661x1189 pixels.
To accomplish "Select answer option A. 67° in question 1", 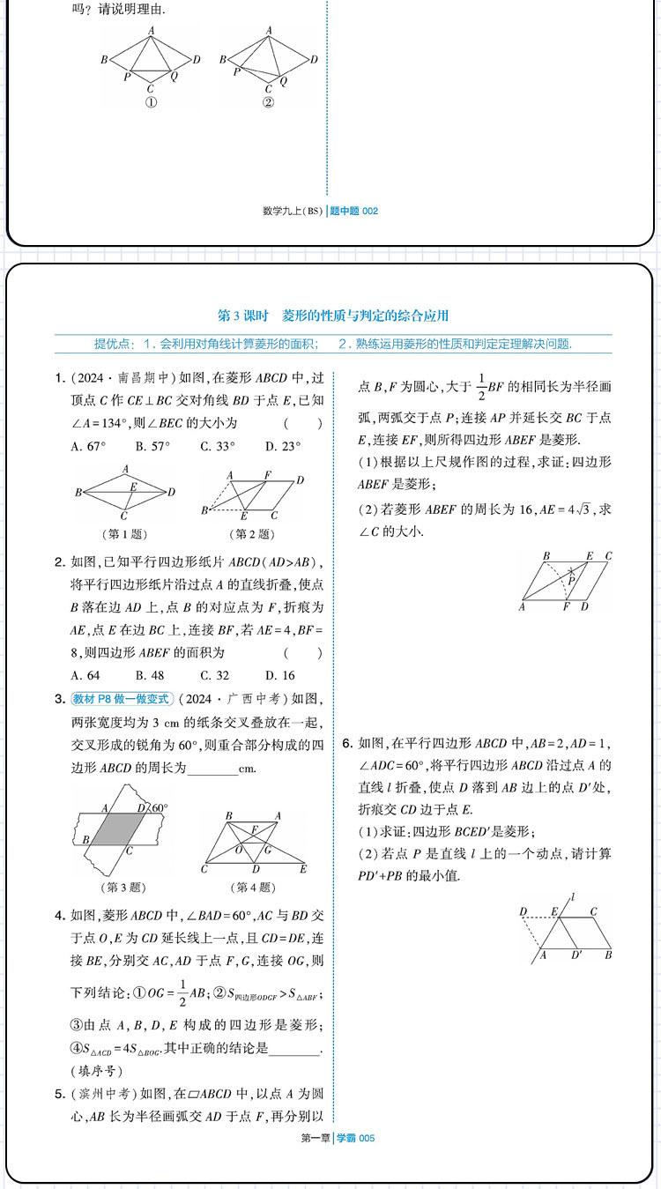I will pos(88,446).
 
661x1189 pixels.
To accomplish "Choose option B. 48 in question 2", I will pos(151,675).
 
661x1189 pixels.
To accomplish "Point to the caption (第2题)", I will pos(252,534).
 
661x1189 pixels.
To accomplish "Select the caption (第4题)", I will pos(252,888).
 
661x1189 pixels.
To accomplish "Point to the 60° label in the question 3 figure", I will pos(159,807).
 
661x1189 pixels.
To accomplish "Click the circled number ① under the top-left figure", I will pos(151,102).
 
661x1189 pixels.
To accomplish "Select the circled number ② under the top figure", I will pos(268,102).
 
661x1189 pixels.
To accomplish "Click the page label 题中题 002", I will pos(353,211).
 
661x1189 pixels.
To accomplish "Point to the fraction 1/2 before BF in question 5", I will pos(481,386).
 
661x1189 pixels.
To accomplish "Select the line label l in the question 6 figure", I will pos(572,897).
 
